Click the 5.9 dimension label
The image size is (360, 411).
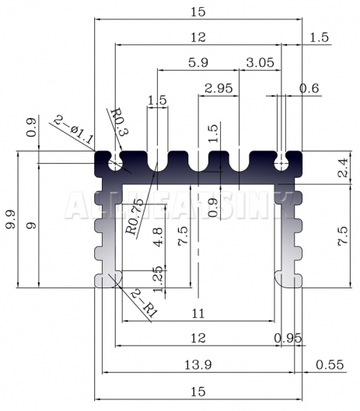tap(198, 63)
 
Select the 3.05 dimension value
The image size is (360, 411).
tap(260, 63)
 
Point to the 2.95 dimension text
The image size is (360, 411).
tap(218, 89)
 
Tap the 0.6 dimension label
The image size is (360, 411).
tap(309, 89)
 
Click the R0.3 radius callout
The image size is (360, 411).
tap(120, 121)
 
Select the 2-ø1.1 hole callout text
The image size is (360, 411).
tap(73, 130)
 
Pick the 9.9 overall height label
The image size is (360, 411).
tap(11, 219)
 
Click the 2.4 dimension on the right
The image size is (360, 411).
tap(343, 168)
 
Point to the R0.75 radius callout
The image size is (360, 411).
tap(135, 217)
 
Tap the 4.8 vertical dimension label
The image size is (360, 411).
tap(158, 237)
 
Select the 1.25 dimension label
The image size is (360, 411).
tap(158, 279)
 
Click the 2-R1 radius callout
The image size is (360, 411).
tap(145, 304)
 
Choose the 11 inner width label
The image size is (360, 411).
tap(198, 313)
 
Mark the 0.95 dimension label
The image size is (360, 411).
tap(288, 339)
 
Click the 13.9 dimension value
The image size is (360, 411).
tap(198, 364)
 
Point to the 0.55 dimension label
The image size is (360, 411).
tap(330, 364)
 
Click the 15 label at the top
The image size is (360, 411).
tap(198, 12)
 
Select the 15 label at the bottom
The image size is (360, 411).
tap(198, 392)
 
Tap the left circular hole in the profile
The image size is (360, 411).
tap(115, 164)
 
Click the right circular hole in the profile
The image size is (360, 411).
tap(281, 164)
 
